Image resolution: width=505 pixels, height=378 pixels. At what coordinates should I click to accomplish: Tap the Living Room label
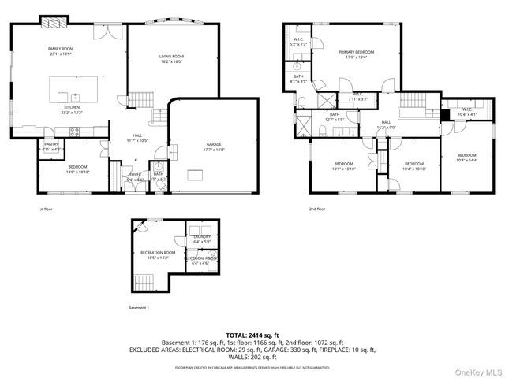point(171,57)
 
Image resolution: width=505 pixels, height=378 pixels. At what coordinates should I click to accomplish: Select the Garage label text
point(215,143)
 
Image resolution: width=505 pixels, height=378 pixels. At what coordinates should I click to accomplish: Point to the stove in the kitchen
point(77,132)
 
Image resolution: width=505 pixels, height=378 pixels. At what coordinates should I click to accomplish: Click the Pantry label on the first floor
point(51,144)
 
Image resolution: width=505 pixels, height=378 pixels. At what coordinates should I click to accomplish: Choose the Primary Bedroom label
point(357,52)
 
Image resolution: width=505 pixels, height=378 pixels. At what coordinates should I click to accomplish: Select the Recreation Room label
point(154,253)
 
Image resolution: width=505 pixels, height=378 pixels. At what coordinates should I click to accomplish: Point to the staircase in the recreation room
point(144,281)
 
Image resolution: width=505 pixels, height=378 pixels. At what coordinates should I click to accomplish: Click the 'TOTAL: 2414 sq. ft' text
point(252,335)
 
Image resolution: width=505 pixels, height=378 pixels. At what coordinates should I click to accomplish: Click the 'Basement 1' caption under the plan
point(139,307)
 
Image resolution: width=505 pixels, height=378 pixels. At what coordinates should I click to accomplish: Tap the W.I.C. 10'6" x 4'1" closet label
point(466,112)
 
